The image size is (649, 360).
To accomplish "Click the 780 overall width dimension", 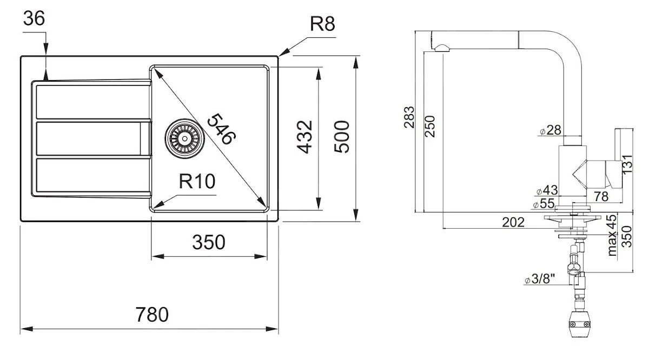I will pos(152,315).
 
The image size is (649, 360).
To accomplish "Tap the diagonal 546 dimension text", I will pos(221,129).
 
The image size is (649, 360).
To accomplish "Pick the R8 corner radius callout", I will pos(322,25).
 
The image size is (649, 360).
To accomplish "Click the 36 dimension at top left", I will pos(34,18).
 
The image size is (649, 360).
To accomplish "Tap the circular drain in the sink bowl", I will pos(184,137).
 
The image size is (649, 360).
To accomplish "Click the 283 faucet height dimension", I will pos(409,117).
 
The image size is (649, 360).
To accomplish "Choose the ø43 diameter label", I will pos(547,191).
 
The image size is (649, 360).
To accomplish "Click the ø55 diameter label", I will pos(543,204).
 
